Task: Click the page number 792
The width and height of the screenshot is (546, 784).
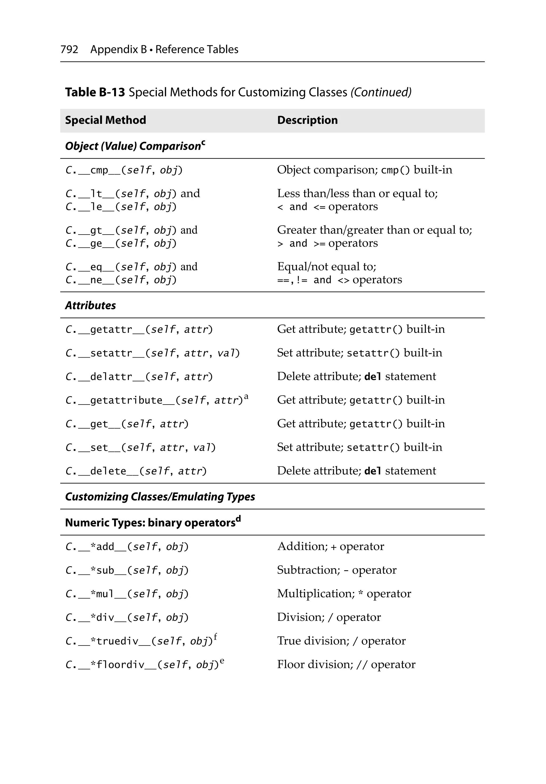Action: coord(69,50)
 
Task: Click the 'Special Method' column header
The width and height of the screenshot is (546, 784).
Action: coord(106,120)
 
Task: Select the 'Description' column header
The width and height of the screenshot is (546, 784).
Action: coord(307,120)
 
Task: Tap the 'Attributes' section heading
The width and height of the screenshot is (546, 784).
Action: coord(90,305)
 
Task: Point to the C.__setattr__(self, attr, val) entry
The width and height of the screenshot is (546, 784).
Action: coord(152,353)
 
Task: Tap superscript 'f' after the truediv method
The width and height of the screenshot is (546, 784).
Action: coord(215,636)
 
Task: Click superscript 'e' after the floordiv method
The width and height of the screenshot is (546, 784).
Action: coord(222,660)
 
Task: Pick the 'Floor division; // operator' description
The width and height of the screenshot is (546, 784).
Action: coord(346,664)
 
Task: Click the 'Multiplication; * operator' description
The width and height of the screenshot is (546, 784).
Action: coord(344,593)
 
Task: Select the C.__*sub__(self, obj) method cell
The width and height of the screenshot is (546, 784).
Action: coord(127,570)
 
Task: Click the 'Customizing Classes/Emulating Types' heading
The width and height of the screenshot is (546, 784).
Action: coord(160,497)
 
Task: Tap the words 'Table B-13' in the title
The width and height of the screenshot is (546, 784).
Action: coord(95,92)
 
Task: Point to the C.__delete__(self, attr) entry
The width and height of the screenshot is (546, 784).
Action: coord(136,471)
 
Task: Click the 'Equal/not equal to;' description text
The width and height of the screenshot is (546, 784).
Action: coord(327,266)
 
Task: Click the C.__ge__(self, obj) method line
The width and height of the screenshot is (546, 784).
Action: coord(121,243)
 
